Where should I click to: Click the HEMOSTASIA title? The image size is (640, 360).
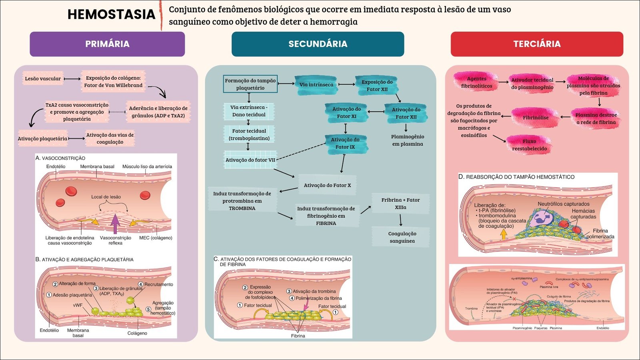(111, 14)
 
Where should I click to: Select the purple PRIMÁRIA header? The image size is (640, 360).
(107, 44)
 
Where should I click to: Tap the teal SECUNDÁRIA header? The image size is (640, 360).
(318, 44)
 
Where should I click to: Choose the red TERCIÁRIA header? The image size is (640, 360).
(537, 44)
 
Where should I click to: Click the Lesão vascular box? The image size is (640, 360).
(43, 79)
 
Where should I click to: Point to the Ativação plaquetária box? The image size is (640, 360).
(42, 139)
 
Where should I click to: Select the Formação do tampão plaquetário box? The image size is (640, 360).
(250, 84)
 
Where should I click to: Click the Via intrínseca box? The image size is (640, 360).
(316, 84)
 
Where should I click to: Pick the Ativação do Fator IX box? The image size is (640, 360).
(345, 143)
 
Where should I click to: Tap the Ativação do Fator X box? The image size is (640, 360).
(327, 185)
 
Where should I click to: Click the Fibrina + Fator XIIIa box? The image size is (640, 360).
(400, 204)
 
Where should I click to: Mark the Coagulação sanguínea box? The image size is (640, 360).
(402, 237)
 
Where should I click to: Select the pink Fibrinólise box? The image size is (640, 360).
(536, 118)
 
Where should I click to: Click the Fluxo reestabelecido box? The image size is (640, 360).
(529, 145)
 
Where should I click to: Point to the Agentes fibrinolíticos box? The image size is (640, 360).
(476, 82)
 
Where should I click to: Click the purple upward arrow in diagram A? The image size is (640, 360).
(115, 224)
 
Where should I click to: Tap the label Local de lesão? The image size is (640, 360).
(106, 197)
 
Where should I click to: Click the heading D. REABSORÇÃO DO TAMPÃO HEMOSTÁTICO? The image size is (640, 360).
(516, 177)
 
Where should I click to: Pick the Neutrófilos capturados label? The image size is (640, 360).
(563, 204)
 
